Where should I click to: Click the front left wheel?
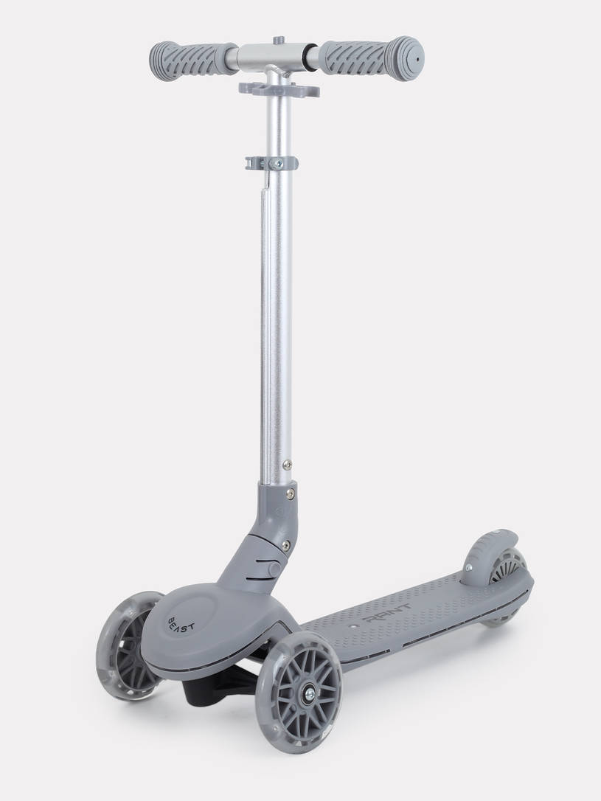pos(128,645)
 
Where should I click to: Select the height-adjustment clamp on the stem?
pos(271,163)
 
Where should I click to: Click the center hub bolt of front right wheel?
pos(310,694)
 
